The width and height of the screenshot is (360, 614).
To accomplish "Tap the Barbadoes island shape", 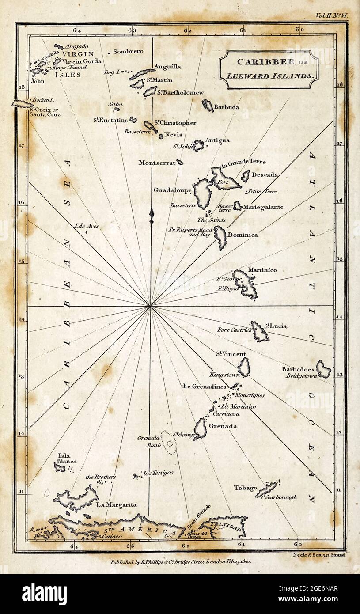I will click(323, 369).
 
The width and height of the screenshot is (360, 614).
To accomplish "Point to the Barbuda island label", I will click(227, 107).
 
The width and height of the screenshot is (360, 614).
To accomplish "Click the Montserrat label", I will click(157, 163).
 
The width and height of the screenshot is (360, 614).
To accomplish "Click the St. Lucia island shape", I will click(259, 332).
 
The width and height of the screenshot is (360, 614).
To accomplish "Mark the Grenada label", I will click(223, 426).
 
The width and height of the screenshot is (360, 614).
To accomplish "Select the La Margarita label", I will click(116, 504).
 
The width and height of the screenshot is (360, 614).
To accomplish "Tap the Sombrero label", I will click(129, 52).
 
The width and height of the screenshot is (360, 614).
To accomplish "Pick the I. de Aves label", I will click(87, 226).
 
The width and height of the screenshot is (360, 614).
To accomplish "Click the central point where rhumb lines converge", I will click(150, 305).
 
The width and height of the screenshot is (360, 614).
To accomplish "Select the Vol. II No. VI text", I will click(332, 15).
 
